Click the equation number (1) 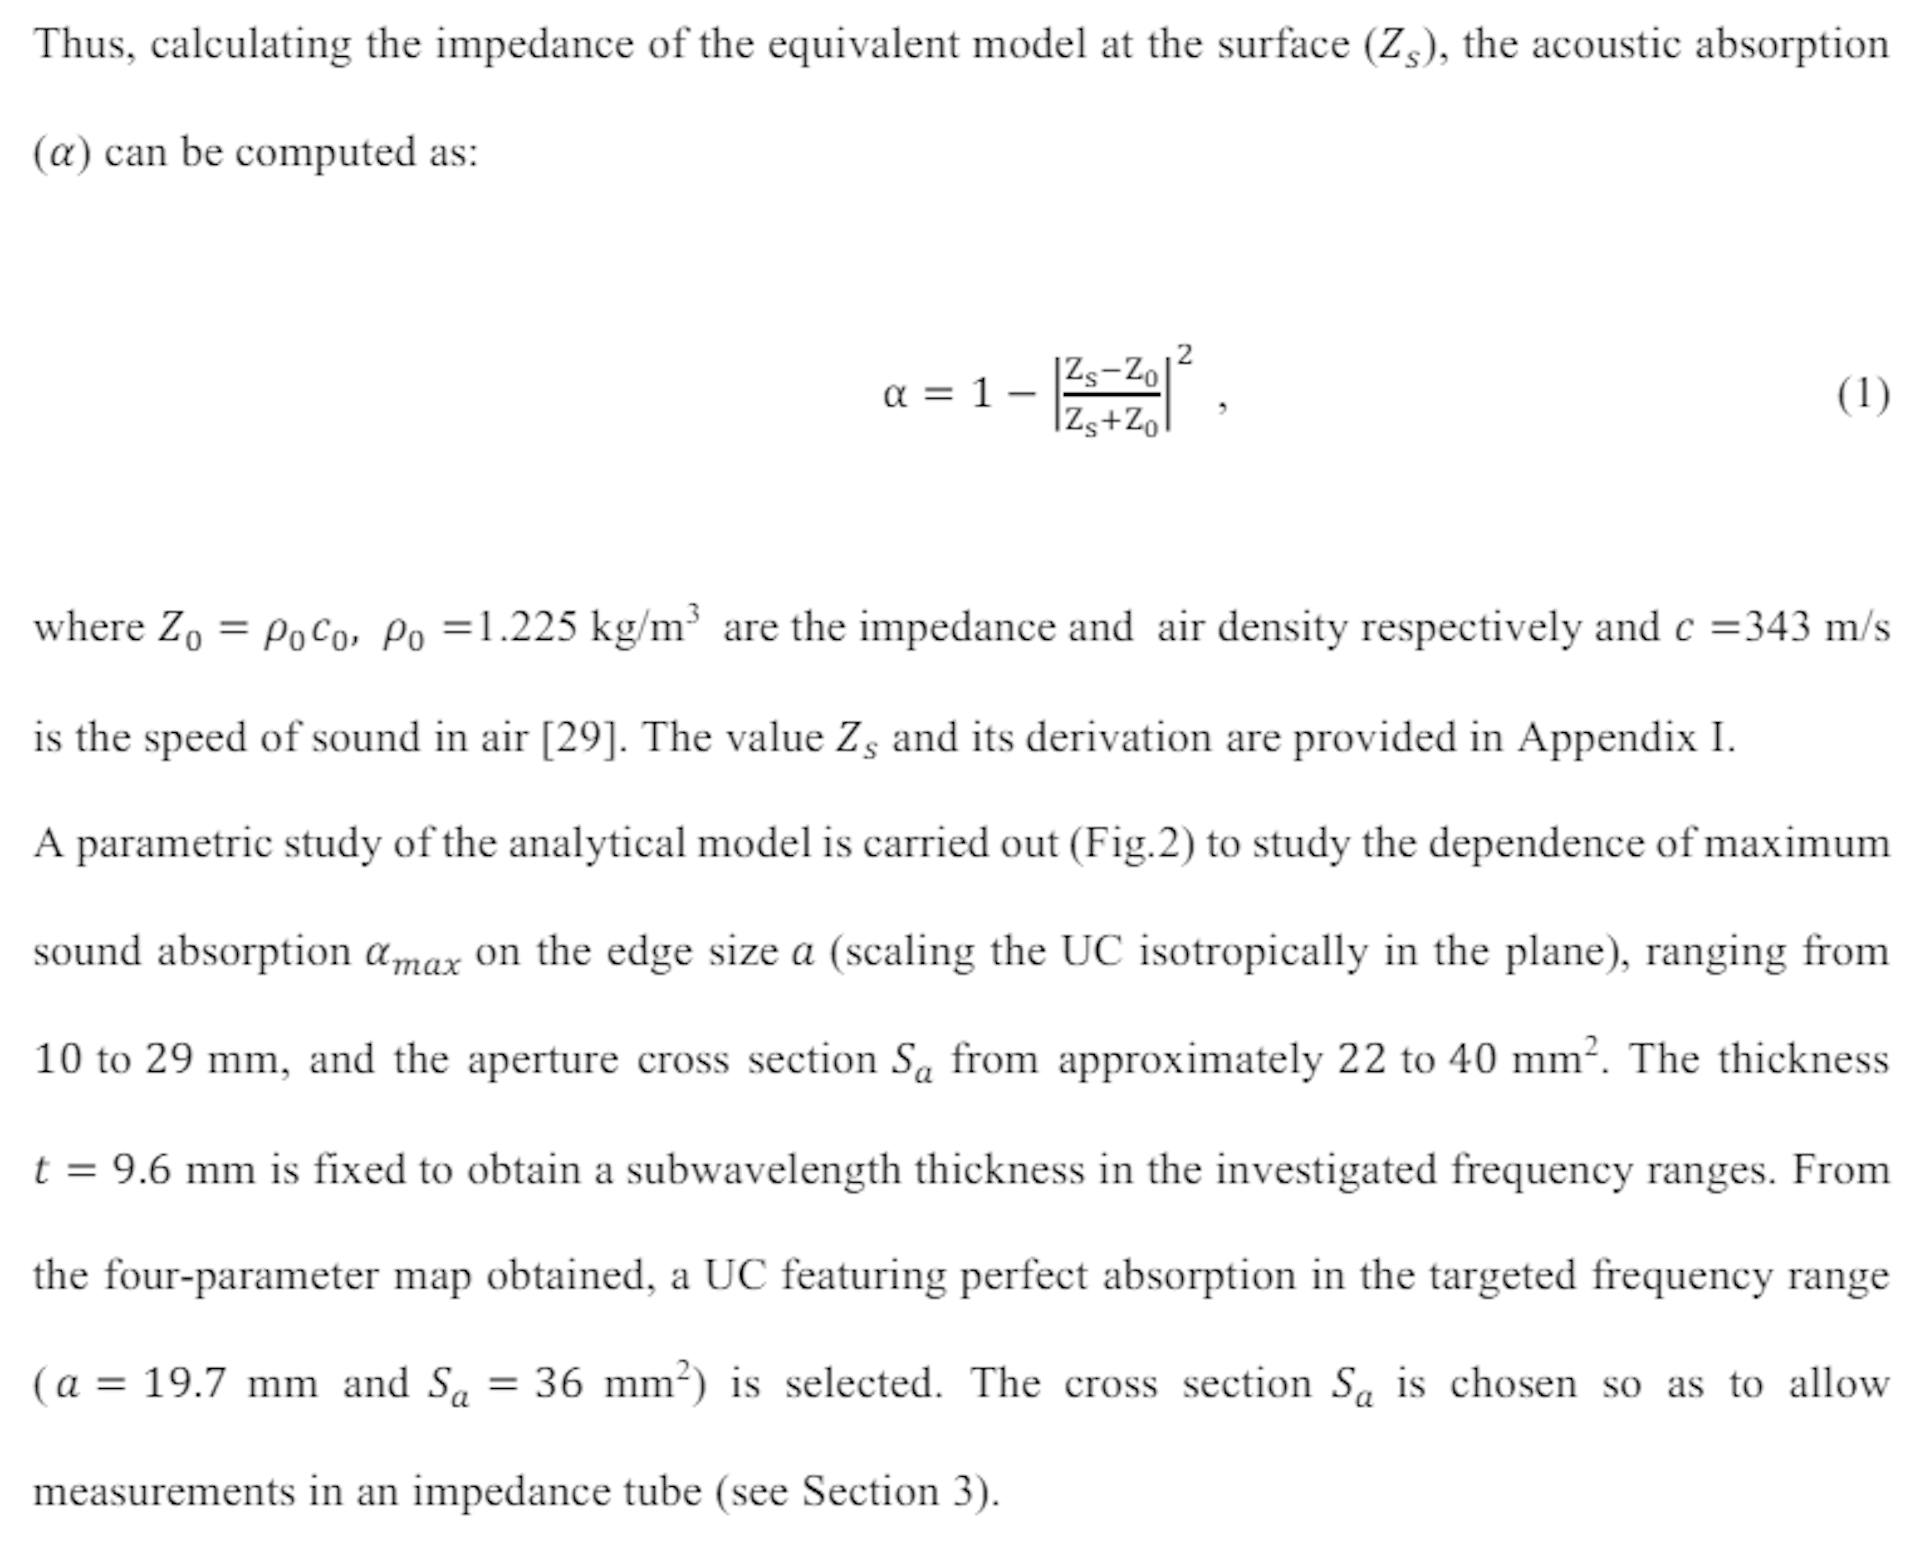[x=1863, y=395]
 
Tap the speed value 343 [x=1777, y=628]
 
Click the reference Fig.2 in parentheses [x=1132, y=843]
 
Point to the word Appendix [x=1606, y=738]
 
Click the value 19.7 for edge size [x=184, y=1383]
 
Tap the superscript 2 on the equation [x=1184, y=355]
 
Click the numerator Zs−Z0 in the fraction [x=1110, y=372]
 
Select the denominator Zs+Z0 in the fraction [x=1110, y=420]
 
